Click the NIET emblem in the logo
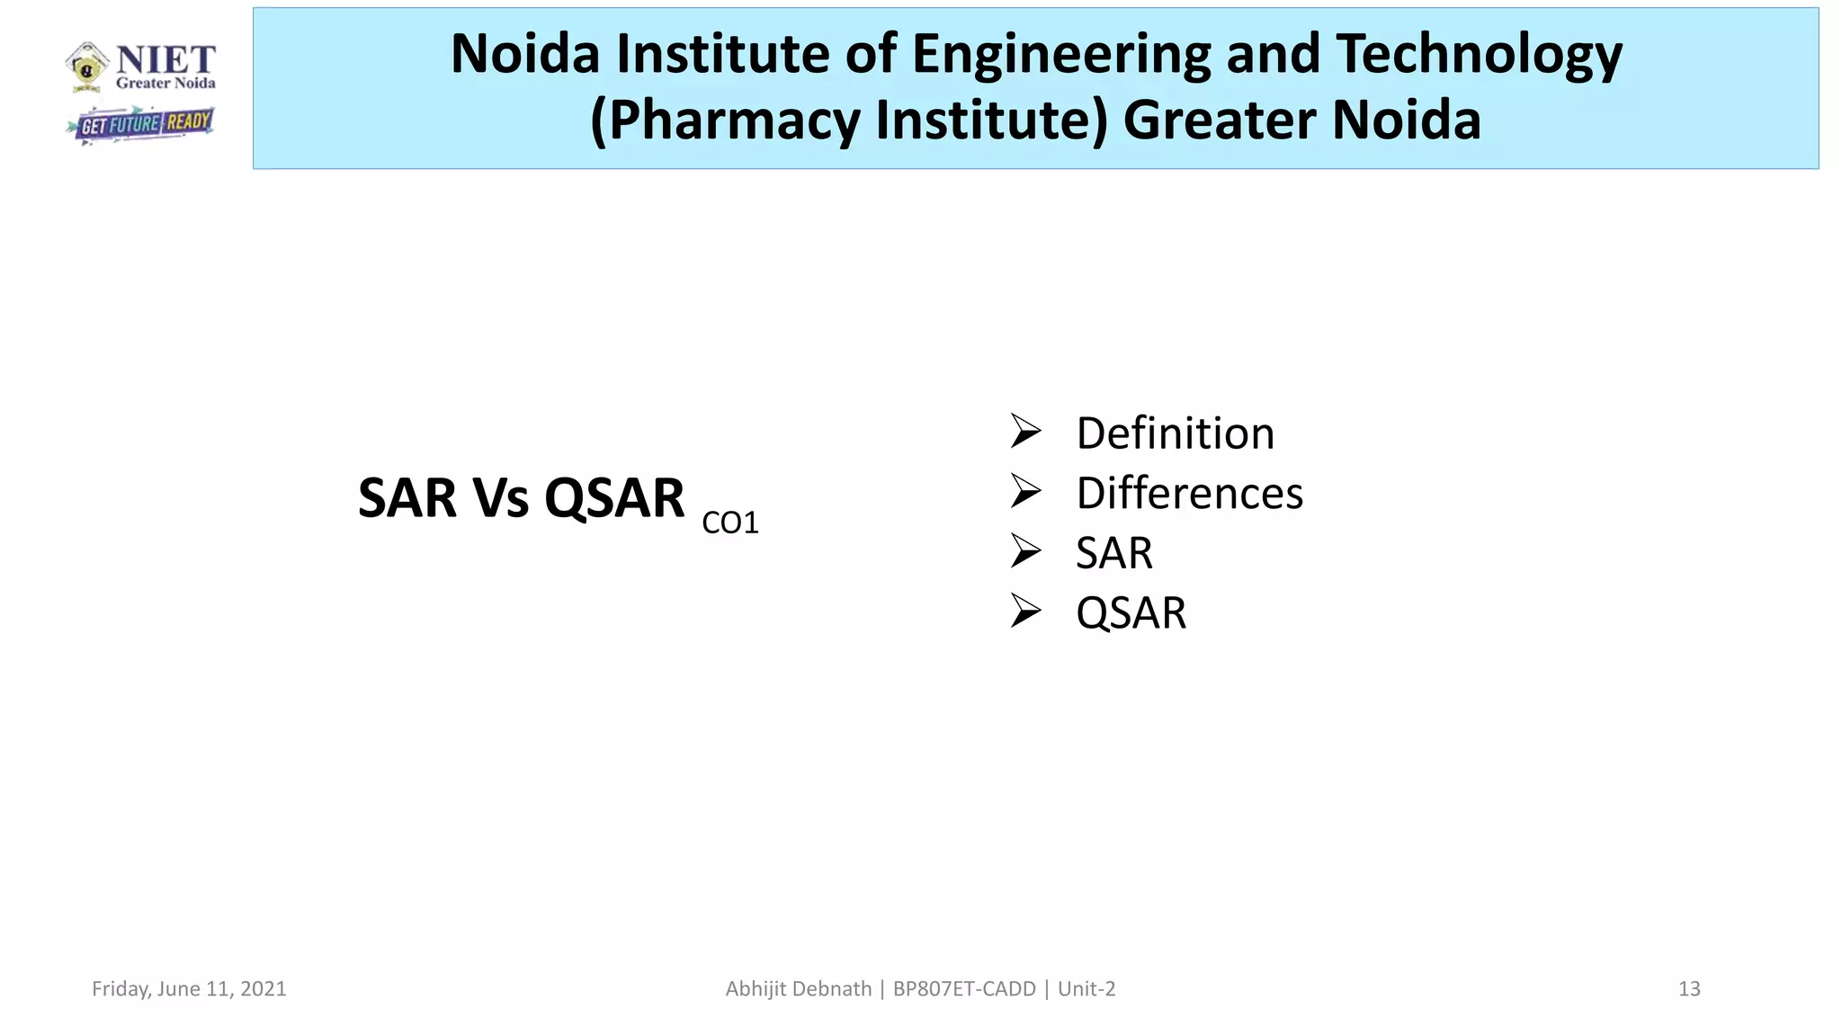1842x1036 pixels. click(87, 67)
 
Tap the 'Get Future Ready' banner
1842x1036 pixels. click(142, 124)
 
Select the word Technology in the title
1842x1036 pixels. click(1479, 53)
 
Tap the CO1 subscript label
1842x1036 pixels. click(729, 522)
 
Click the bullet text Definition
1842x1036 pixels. click(1175, 433)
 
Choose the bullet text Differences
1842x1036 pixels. click(1189, 493)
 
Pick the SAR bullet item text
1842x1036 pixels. click(1113, 552)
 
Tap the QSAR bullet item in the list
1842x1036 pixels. click(1131, 612)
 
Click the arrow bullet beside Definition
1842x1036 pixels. click(1025, 432)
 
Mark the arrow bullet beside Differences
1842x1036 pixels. click(1025, 491)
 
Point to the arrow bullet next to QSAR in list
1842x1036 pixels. click(1025, 611)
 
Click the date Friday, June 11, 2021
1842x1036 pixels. click(189, 988)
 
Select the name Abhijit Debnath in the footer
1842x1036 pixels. click(798, 988)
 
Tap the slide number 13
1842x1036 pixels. click(1688, 988)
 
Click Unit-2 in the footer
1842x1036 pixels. click(1086, 988)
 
